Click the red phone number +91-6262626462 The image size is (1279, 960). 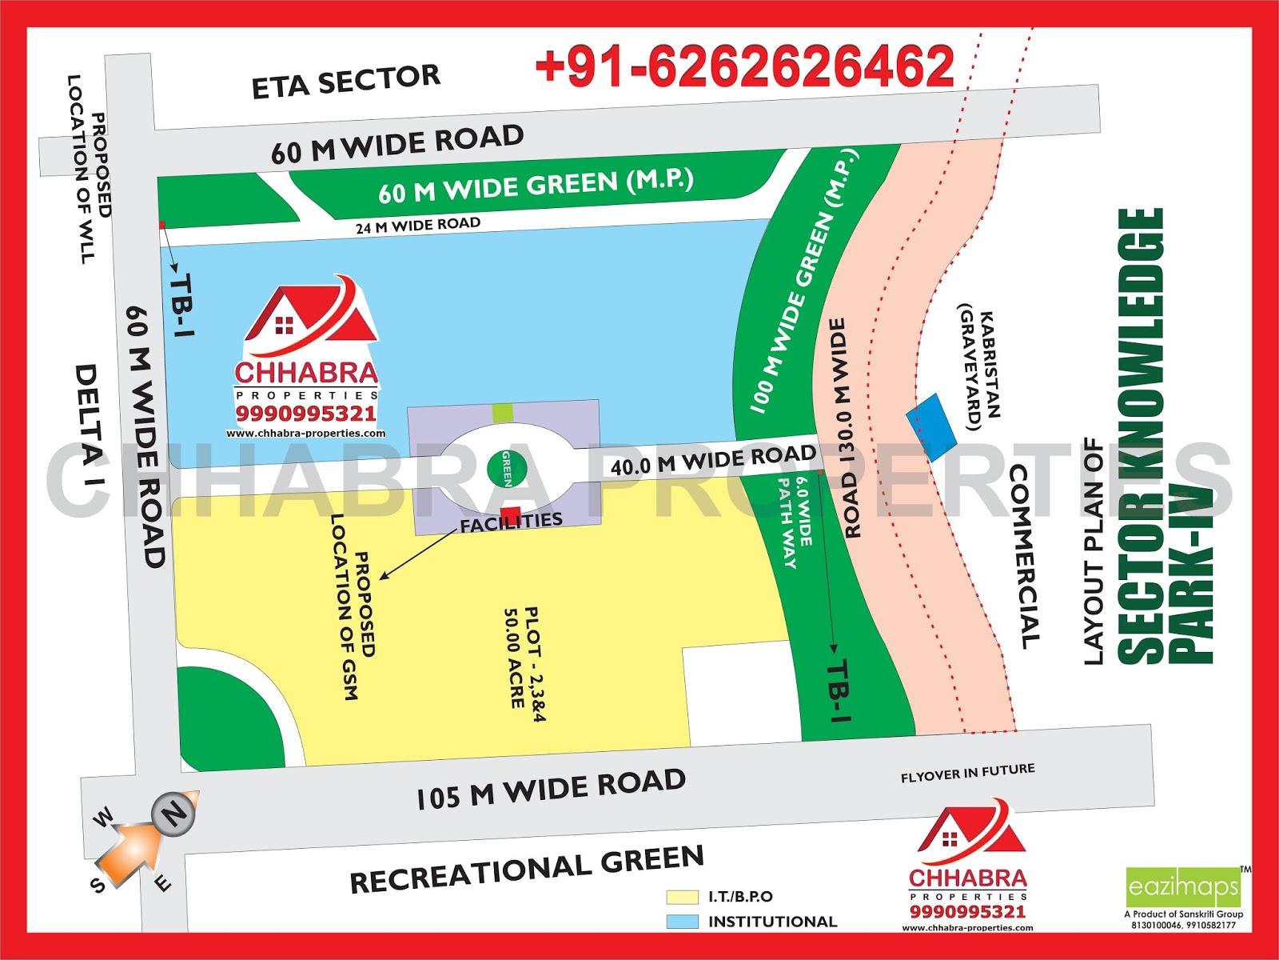point(744,66)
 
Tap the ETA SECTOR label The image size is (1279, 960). point(345,81)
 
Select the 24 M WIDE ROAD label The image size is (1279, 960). point(418,226)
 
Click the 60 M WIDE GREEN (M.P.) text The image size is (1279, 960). point(535,186)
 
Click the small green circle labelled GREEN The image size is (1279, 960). point(507,468)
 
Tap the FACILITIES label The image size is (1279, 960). point(512,522)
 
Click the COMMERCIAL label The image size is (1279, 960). point(1025,557)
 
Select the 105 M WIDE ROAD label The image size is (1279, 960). point(551,789)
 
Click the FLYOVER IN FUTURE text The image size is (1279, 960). point(967,773)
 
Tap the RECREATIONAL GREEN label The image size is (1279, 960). point(527,869)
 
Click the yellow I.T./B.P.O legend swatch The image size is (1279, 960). point(682,897)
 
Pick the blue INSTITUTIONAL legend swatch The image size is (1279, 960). point(682,922)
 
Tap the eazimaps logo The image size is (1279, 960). point(1183,886)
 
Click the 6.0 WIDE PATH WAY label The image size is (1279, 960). point(795,521)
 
